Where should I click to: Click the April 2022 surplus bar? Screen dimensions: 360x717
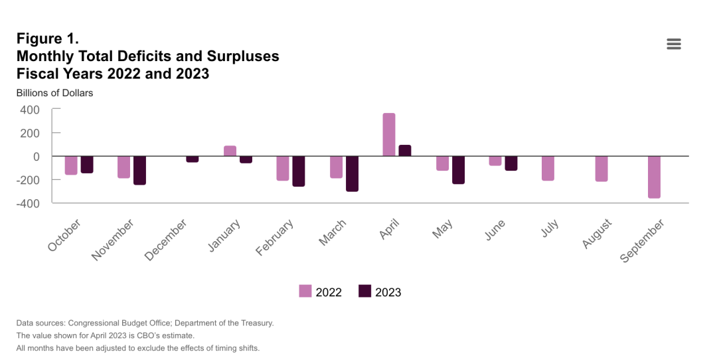click(x=389, y=135)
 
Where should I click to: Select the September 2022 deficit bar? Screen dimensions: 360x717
click(x=655, y=177)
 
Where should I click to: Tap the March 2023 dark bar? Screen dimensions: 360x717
click(x=352, y=173)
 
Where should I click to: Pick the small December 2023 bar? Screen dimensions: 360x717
click(x=193, y=159)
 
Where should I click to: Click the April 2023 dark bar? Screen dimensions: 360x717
click(x=405, y=151)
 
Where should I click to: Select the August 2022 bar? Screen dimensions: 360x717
click(x=601, y=169)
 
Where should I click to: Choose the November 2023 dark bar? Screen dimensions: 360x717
click(x=139, y=170)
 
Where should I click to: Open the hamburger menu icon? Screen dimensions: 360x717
click(x=674, y=44)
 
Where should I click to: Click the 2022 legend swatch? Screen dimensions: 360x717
click(x=305, y=292)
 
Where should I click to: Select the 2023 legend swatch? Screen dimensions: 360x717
click(x=364, y=292)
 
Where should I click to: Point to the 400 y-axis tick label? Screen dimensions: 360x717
click(x=29, y=110)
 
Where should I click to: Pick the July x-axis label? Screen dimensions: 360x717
click(x=550, y=230)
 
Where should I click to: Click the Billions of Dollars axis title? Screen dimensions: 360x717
click(x=54, y=93)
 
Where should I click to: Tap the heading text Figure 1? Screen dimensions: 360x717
click(x=48, y=39)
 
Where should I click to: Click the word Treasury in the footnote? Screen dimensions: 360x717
click(x=257, y=323)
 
